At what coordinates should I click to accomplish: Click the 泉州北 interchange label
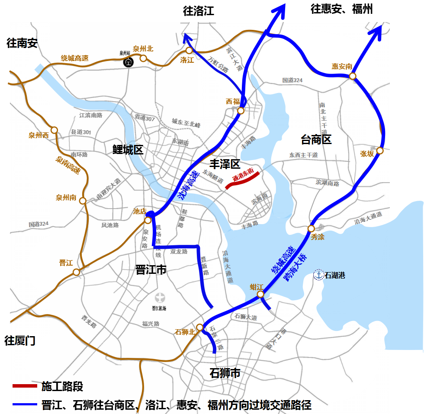point(143,49)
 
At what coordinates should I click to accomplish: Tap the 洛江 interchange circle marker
point(189,51)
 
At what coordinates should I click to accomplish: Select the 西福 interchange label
point(233,101)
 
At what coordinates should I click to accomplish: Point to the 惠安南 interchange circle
point(353,76)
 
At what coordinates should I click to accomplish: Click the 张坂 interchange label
point(367,154)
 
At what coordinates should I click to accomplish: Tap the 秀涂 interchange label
point(317,237)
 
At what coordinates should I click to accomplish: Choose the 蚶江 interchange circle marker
point(260,294)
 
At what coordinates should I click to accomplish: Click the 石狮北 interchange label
point(184,332)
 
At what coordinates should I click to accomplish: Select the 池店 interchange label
point(140,211)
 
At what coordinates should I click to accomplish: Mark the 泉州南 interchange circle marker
point(83,201)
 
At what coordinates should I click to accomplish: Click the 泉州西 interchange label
point(39,135)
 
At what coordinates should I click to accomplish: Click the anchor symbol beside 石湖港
point(318,275)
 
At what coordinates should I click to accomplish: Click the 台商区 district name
point(316,139)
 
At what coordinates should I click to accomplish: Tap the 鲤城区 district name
point(128,150)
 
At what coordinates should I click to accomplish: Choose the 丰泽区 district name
point(225,164)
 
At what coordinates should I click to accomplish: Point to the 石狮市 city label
point(225,373)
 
